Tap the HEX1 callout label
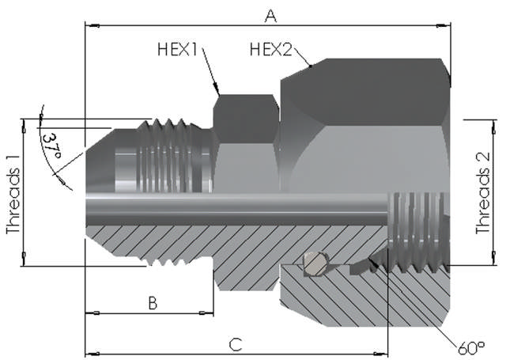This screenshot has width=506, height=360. tap(176, 50)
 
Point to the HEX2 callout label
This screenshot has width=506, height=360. tap(271, 50)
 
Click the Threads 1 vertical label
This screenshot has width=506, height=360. tap(12, 193)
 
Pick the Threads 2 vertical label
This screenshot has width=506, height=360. tap(483, 193)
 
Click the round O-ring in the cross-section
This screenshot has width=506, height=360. tap(315, 263)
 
